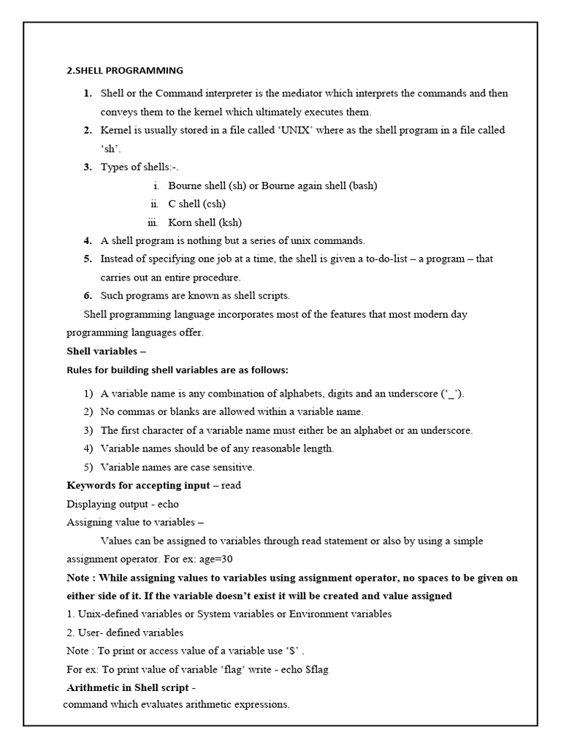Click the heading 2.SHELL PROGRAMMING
(x=125, y=71)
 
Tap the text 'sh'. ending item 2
(x=111, y=148)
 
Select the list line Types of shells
(x=140, y=167)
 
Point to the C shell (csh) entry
(x=196, y=204)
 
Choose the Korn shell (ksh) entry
(x=205, y=222)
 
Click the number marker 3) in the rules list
(x=88, y=430)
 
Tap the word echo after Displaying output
(x=167, y=503)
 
